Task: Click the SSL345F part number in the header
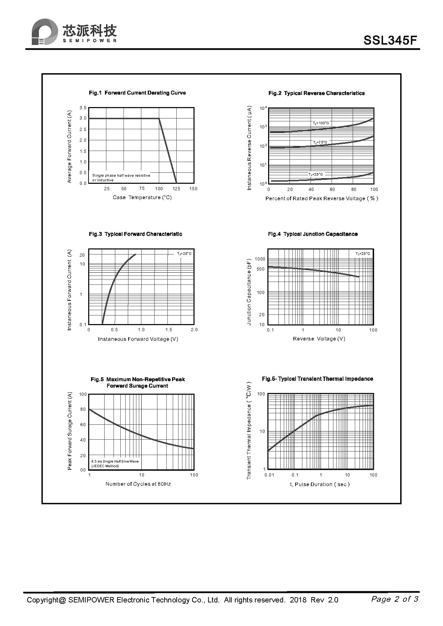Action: pos(390,40)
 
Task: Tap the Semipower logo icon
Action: pos(44,32)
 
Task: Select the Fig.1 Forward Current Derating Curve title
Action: pos(137,93)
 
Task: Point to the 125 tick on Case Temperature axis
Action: pos(176,189)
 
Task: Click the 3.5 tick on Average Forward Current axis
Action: pos(83,108)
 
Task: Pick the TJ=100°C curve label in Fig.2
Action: pos(321,123)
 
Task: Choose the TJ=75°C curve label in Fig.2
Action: pos(320,142)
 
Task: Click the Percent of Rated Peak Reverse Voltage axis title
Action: pos(322,198)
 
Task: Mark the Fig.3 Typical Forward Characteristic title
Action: pos(135,234)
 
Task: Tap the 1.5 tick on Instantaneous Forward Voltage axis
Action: pos(168,330)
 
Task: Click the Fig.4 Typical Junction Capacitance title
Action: pos(313,234)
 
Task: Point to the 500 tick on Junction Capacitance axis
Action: pos(261,269)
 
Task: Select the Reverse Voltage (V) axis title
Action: pos(319,339)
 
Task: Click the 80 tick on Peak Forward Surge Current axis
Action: pos(83,409)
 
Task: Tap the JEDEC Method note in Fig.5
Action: pos(105,466)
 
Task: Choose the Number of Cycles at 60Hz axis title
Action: pos(138,484)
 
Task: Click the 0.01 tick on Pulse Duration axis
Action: pos(269,475)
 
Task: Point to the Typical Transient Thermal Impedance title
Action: pos(317,379)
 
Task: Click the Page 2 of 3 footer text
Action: pos(394,599)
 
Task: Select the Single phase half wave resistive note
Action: pos(121,175)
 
